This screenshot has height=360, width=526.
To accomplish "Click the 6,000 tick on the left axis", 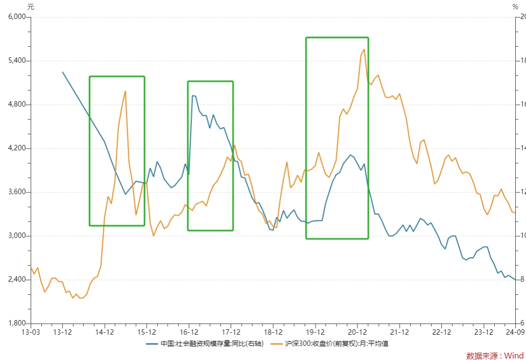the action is [x=17, y=17].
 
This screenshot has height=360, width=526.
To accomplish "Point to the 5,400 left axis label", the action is [x=17, y=61].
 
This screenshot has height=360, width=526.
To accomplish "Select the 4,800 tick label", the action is [x=17, y=104].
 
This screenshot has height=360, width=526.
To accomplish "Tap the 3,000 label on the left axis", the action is [x=17, y=236].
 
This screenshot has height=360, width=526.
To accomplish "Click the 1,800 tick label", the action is [x=17, y=323].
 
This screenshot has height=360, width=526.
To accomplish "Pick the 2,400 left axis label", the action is [x=17, y=280].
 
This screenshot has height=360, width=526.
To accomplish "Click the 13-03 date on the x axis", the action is [x=31, y=332].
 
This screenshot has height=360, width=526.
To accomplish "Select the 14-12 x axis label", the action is [x=105, y=332].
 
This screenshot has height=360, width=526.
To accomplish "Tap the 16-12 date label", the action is [x=189, y=332].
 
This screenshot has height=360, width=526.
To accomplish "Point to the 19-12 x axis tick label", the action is [x=315, y=332].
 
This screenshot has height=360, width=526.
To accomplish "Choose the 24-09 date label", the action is [x=515, y=332].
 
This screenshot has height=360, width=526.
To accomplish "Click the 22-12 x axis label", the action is [x=441, y=332].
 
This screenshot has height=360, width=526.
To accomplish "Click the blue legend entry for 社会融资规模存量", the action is [x=205, y=343].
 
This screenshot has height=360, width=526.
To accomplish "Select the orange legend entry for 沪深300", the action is [x=329, y=343].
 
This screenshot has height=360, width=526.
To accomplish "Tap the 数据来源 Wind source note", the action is [x=495, y=356].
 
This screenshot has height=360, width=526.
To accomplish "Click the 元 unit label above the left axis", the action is [x=31, y=7].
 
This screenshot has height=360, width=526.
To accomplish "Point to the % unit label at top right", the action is [x=515, y=7].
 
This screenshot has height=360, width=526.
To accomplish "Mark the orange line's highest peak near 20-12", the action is [x=364, y=50].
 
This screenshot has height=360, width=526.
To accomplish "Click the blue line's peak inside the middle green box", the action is [x=192, y=95].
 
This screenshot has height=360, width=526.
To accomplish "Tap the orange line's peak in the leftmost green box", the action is [x=125, y=91].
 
